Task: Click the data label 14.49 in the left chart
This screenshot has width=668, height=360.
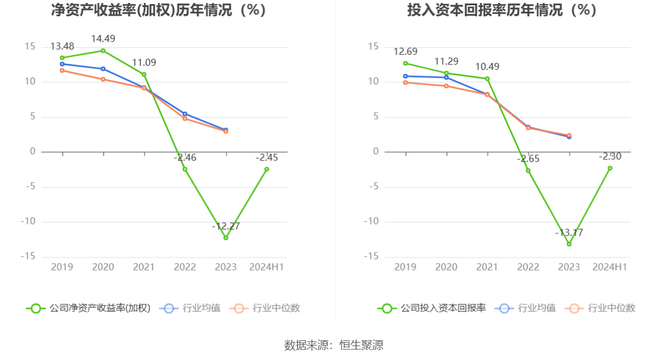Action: (x=103, y=39)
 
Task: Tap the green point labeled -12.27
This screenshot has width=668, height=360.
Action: (x=226, y=238)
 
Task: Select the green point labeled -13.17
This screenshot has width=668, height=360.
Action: (x=569, y=244)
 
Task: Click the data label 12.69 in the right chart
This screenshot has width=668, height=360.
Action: (x=406, y=51)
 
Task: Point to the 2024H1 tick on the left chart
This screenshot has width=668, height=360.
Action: (x=267, y=267)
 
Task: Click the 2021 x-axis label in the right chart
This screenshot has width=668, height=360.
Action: (x=487, y=267)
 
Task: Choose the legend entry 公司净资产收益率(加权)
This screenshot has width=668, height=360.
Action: (x=88, y=308)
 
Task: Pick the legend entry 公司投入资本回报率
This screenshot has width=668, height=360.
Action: (x=432, y=308)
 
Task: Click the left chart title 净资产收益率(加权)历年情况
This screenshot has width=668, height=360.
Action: (x=158, y=10)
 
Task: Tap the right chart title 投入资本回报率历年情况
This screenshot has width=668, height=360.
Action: (x=502, y=10)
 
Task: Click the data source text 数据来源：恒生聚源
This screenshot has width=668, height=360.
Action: (x=334, y=345)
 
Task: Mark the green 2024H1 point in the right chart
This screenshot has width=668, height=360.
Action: (x=610, y=168)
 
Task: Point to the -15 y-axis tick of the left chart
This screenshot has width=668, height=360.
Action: (x=29, y=256)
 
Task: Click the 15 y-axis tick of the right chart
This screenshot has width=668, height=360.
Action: (x=374, y=47)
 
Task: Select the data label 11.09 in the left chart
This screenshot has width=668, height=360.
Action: (x=144, y=63)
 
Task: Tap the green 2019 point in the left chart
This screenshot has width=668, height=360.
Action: (x=62, y=58)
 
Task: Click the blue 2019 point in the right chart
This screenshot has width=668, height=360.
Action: (x=406, y=76)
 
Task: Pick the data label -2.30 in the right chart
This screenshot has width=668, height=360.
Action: (x=610, y=156)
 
